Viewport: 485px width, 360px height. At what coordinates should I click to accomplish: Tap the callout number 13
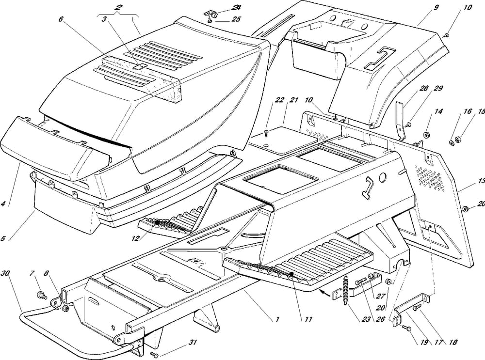coord(481,181)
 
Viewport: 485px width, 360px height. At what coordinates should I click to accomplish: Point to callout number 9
coord(422,8)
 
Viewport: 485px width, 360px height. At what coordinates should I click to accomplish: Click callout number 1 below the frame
coord(277,320)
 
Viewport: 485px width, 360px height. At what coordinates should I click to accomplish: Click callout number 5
coord(4,238)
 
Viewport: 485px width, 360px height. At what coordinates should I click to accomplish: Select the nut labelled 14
coord(426,134)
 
